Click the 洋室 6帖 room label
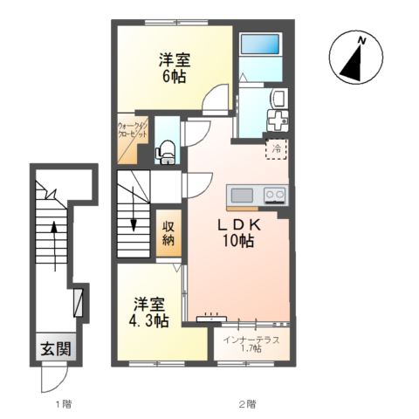click(174, 67)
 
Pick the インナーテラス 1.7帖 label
click(251, 343)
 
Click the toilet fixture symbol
click(164, 155)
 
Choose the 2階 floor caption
click(247, 403)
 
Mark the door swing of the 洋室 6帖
click(212, 102)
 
